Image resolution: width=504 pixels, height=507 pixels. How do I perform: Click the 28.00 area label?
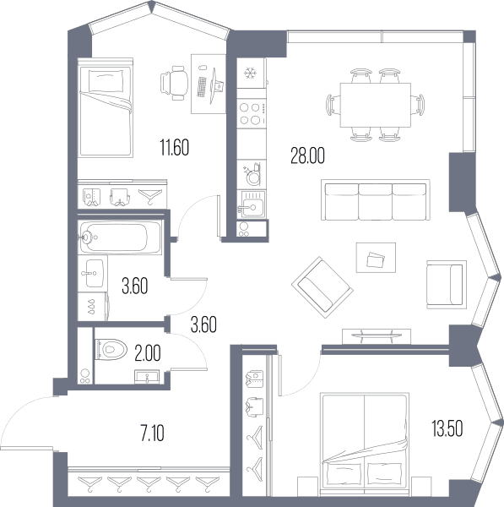(307, 155)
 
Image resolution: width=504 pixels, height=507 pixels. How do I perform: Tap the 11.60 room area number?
(175, 147)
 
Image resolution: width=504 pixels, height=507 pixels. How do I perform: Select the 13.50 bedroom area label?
(447, 428)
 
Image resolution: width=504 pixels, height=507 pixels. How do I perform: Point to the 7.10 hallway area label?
(153, 433)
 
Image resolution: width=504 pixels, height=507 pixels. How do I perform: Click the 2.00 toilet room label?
(148, 352)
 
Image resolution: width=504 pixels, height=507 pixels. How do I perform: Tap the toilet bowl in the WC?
(111, 350)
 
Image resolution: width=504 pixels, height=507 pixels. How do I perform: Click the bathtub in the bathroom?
(120, 237)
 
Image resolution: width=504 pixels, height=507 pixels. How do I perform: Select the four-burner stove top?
(252, 114)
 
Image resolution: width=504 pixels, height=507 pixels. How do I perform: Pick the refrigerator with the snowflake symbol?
(251, 73)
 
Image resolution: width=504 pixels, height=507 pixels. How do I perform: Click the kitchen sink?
(252, 204)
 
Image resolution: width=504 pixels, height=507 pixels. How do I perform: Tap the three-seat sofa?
(376, 200)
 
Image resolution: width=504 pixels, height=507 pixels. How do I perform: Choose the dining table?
(376, 105)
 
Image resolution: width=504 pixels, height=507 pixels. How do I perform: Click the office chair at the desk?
(175, 83)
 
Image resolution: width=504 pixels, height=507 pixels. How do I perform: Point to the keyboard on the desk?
(202, 87)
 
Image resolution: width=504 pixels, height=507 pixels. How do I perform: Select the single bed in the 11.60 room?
(106, 107)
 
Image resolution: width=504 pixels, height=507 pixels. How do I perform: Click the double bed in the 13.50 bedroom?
(365, 444)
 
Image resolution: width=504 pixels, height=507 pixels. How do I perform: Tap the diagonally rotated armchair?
(322, 287)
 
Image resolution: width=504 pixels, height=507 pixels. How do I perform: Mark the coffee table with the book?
(376, 258)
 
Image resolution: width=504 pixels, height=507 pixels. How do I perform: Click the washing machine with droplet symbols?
(93, 307)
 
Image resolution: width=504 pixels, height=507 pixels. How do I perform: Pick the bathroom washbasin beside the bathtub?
(93, 273)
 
